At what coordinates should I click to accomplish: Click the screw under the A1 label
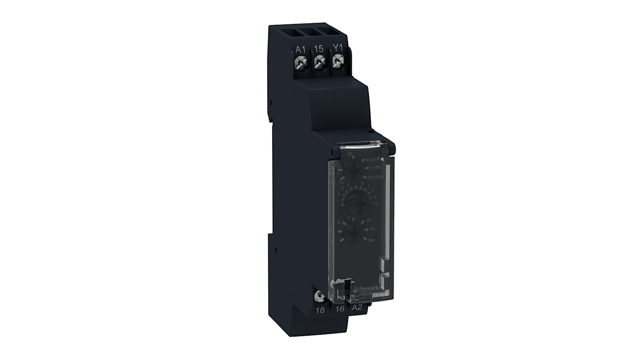[301, 61]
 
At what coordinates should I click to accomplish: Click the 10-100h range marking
[375, 177]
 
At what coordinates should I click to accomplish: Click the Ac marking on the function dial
[372, 229]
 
